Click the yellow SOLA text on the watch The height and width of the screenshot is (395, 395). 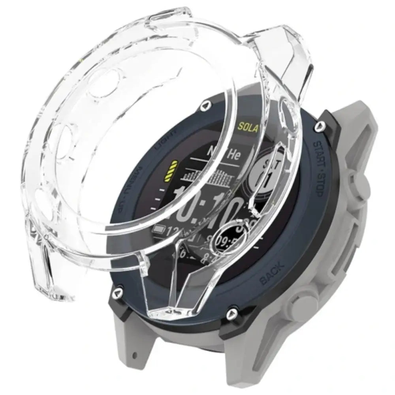click(247, 128)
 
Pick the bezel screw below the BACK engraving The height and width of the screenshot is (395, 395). click(230, 314)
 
